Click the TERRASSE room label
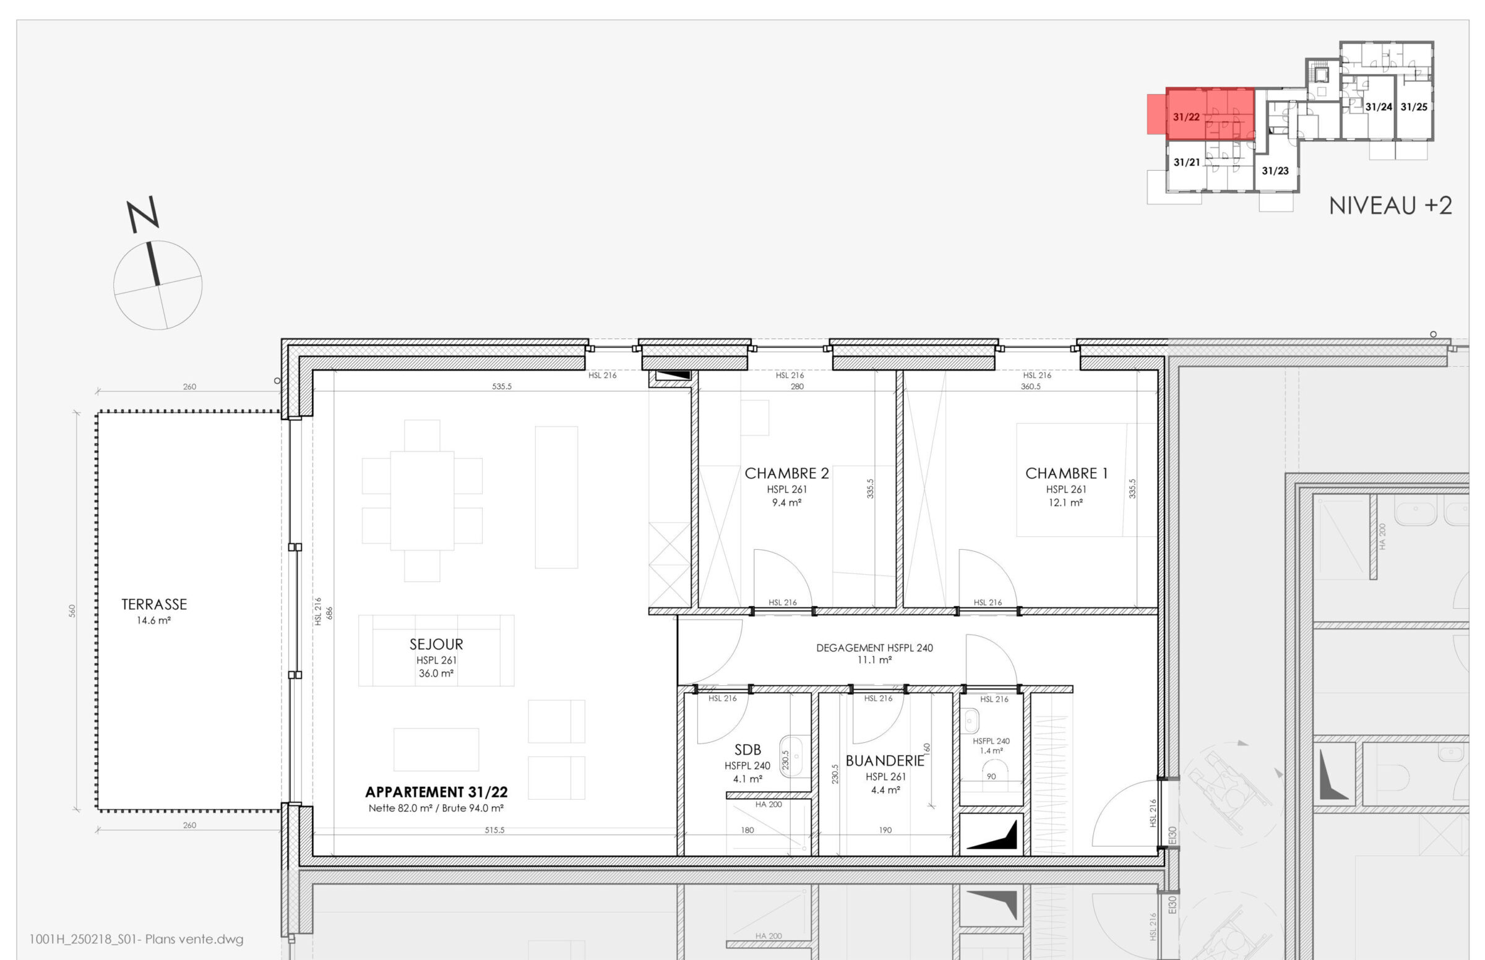pos(154,604)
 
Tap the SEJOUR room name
pos(436,644)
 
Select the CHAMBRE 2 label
pos(787,473)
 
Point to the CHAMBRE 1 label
pos(1066,473)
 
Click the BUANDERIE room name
pos(885,761)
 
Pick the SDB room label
pos(747,750)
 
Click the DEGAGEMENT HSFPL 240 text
pos(875,648)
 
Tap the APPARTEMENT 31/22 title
pos(436,792)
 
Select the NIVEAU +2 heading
pos(1390,205)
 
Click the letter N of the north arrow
pos(143,214)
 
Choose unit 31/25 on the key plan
pos(1414,106)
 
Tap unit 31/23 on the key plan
pos(1275,170)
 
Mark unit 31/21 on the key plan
pos(1186,162)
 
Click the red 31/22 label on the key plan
pos(1186,116)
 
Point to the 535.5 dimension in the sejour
pos(501,387)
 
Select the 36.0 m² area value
pos(436,673)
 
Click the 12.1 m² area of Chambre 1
pos(1065,502)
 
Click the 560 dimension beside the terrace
pos(72,611)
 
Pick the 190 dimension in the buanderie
pos(885,829)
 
